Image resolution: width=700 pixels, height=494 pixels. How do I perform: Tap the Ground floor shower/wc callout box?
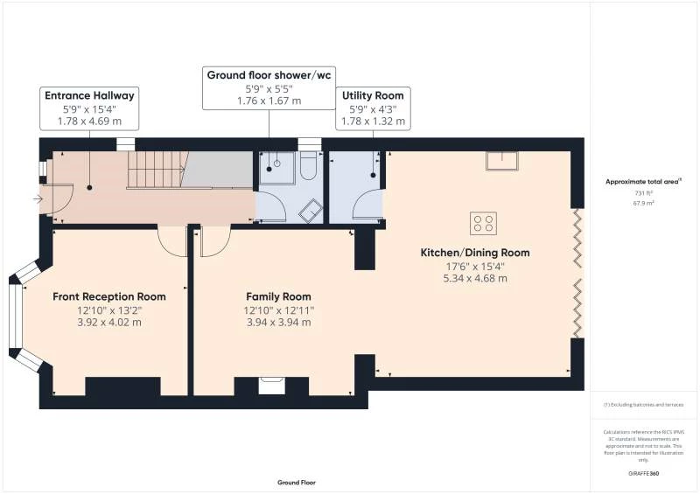[269, 75]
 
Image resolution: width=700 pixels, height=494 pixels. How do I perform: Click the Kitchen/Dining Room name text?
[474, 253]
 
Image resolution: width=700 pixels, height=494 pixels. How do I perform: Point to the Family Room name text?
[278, 296]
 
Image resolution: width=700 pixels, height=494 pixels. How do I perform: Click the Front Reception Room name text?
[109, 296]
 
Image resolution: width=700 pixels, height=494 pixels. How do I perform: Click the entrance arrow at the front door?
[37, 199]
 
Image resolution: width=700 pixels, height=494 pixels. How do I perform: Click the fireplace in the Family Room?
[272, 382]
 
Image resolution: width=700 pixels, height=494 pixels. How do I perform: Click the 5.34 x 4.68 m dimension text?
[474, 279]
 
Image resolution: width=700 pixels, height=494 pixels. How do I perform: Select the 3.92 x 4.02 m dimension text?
[109, 322]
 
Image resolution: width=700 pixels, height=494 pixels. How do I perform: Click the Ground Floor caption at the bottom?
[297, 483]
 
